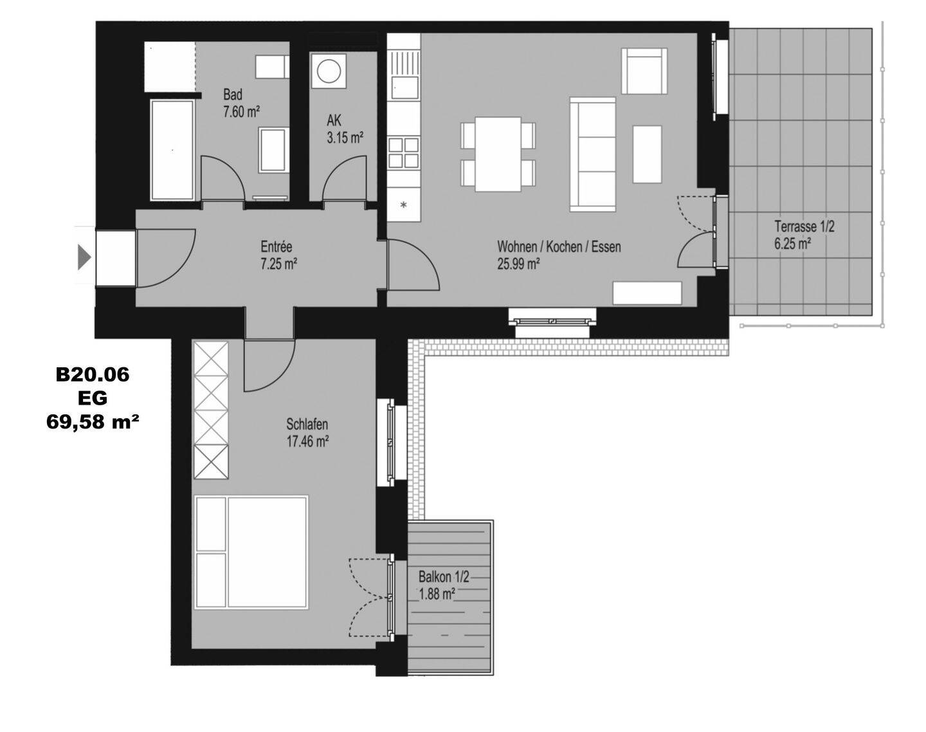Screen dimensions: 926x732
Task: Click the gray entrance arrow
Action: (x=84, y=257)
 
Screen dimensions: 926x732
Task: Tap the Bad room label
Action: (x=241, y=104)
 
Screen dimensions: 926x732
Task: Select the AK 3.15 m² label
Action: (x=345, y=129)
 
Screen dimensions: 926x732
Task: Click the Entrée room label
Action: (x=279, y=255)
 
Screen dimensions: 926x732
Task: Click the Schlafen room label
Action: (x=307, y=433)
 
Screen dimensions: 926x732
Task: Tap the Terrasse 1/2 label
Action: (x=804, y=235)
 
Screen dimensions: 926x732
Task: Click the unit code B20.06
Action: (x=93, y=374)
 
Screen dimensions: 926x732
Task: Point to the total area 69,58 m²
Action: (x=93, y=421)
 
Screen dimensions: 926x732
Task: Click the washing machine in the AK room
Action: (x=329, y=71)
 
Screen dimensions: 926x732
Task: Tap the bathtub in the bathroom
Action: (x=172, y=150)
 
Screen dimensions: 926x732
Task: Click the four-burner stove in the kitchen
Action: (x=404, y=152)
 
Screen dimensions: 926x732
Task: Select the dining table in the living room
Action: (x=498, y=154)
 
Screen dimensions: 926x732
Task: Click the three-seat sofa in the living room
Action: (x=593, y=154)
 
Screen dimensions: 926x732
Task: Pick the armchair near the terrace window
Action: (x=644, y=71)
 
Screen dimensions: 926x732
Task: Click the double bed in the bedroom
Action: (x=251, y=553)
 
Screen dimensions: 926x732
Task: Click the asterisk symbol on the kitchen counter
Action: (x=404, y=205)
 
